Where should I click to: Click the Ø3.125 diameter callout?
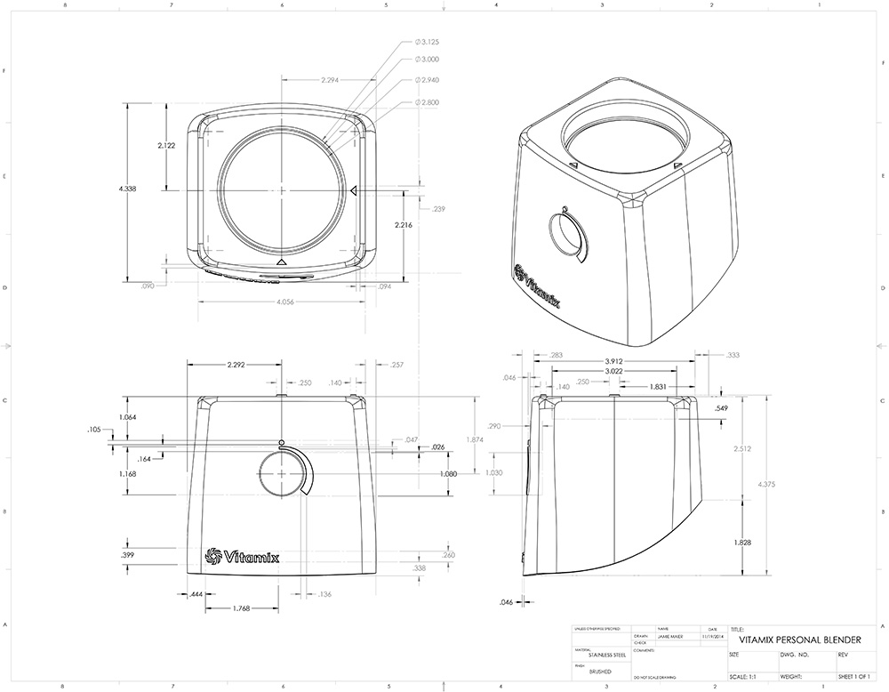(429, 41)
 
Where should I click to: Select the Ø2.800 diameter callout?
(429, 103)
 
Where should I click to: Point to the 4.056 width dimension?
(286, 302)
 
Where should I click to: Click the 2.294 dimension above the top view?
(335, 80)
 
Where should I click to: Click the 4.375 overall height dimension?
(765, 485)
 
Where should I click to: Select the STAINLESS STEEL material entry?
(607, 655)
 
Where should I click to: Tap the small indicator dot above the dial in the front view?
(281, 442)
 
